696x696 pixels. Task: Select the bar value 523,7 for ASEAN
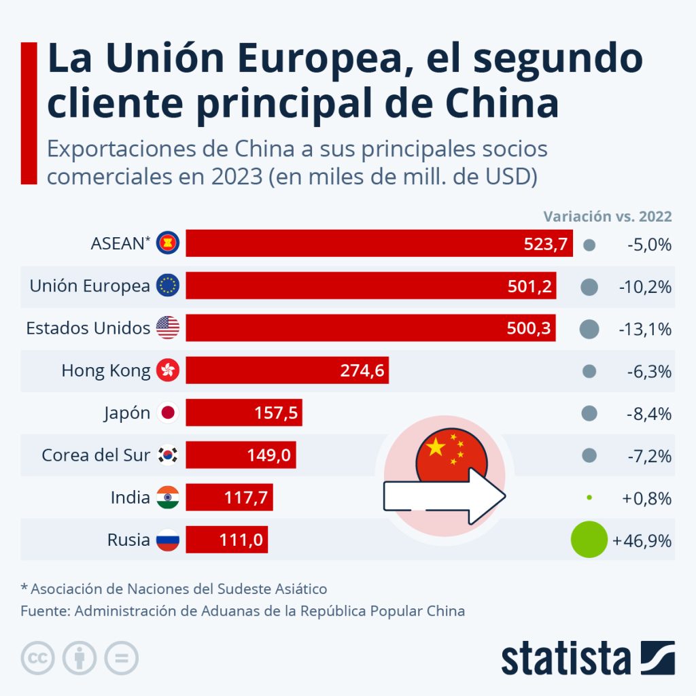tap(545, 244)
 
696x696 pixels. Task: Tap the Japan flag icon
tap(168, 413)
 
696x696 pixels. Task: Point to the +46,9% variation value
tap(642, 541)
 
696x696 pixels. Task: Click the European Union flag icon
tap(168, 286)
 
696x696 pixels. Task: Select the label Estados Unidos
tap(88, 328)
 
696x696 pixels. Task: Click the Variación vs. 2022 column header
tap(607, 217)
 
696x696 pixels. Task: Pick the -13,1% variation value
tap(645, 329)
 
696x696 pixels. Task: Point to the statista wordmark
tap(565, 659)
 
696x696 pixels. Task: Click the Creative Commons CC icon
tap(38, 658)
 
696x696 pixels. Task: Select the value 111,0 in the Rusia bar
tap(241, 540)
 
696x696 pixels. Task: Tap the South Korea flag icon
tap(168, 455)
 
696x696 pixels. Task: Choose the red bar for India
tap(229, 498)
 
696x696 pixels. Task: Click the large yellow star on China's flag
tap(435, 447)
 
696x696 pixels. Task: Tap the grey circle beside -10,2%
tap(589, 287)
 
